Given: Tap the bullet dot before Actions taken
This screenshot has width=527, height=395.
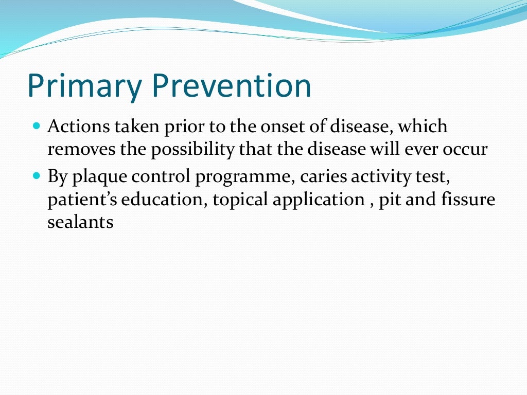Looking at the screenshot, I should point(36,125).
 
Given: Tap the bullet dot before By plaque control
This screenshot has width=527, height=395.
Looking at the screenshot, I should point(36,175).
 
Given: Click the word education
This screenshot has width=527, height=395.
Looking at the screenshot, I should point(164,200).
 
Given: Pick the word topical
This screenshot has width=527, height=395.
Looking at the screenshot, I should point(240,200).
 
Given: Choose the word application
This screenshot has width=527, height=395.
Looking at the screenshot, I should point(318,200).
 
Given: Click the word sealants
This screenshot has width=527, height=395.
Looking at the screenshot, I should point(80,224).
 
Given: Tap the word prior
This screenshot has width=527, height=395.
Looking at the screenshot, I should point(178,127).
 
